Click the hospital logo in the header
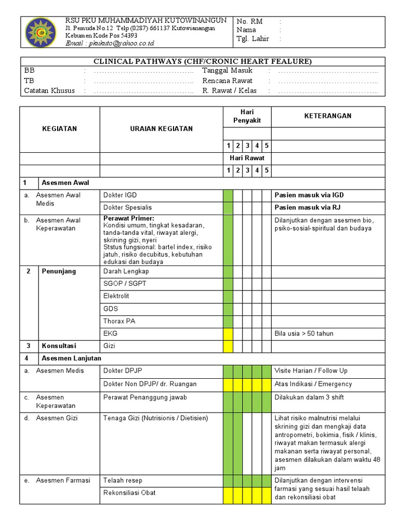pos(39,32)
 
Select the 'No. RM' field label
pos(249,21)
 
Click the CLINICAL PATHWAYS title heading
pos(203,61)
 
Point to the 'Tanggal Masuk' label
pos(227,71)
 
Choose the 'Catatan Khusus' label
pos(49,91)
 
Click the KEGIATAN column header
pos(59,129)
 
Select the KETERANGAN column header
pos(328,116)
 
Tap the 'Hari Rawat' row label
pos(247,157)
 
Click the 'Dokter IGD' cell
pos(121,195)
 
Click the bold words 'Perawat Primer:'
pos(129,218)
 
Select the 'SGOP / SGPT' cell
pos(125,284)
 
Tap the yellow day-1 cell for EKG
pos(228,334)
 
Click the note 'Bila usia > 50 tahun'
pos(304,334)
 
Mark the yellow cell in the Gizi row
pos(228,346)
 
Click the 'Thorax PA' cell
pos(119,321)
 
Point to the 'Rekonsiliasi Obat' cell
pos(129,493)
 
